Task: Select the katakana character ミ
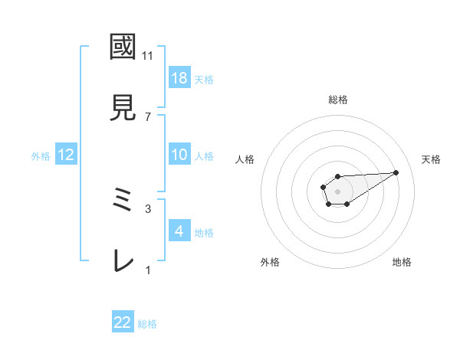(x=123, y=201)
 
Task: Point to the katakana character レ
(x=123, y=260)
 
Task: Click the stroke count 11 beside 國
(x=148, y=56)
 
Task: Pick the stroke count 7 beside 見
(x=148, y=116)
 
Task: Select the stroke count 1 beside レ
(x=148, y=270)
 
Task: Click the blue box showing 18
(x=179, y=77)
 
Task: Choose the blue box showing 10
(x=179, y=155)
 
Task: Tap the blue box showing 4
(x=179, y=231)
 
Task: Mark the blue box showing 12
(x=65, y=155)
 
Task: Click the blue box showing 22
(x=123, y=322)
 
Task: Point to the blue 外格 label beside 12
(x=41, y=155)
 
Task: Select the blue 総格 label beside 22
(x=147, y=324)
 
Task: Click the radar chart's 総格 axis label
(x=338, y=100)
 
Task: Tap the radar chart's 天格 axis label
(x=431, y=159)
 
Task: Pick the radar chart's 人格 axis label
(x=245, y=159)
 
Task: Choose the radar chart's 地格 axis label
(x=402, y=262)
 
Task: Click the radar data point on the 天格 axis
(x=396, y=172)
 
